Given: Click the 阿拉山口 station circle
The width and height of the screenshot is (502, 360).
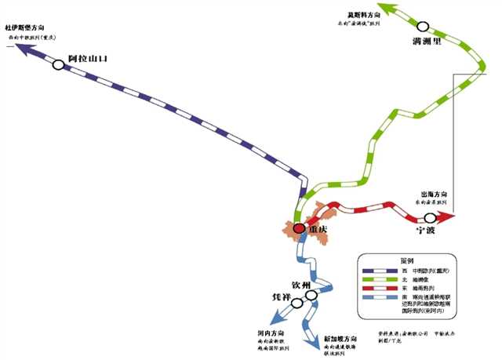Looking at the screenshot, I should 59,65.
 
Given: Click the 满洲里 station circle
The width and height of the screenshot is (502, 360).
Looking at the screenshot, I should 424,26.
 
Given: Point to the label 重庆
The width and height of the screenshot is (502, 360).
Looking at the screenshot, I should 318,230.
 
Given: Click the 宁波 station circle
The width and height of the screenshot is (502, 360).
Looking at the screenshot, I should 430,217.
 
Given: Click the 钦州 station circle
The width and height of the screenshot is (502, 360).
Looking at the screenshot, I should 312,296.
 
